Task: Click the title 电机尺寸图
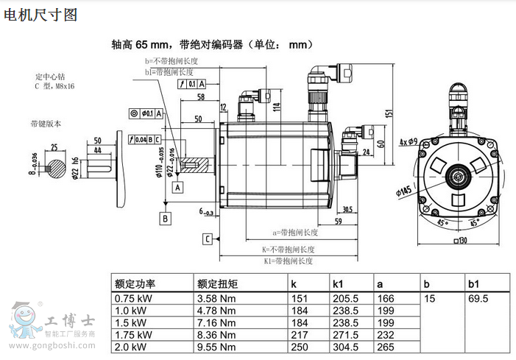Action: pyautogui.click(x=40, y=14)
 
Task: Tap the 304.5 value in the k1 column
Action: pyautogui.click(x=345, y=347)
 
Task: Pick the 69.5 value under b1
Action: pyautogui.click(x=478, y=299)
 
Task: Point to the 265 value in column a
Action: pyautogui.click(x=385, y=347)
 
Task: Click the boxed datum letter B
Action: pyautogui.click(x=166, y=218)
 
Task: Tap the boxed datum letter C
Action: pyautogui.click(x=208, y=239)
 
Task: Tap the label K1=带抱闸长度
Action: pyautogui.click(x=289, y=261)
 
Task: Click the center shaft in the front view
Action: pyautogui.click(x=459, y=177)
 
